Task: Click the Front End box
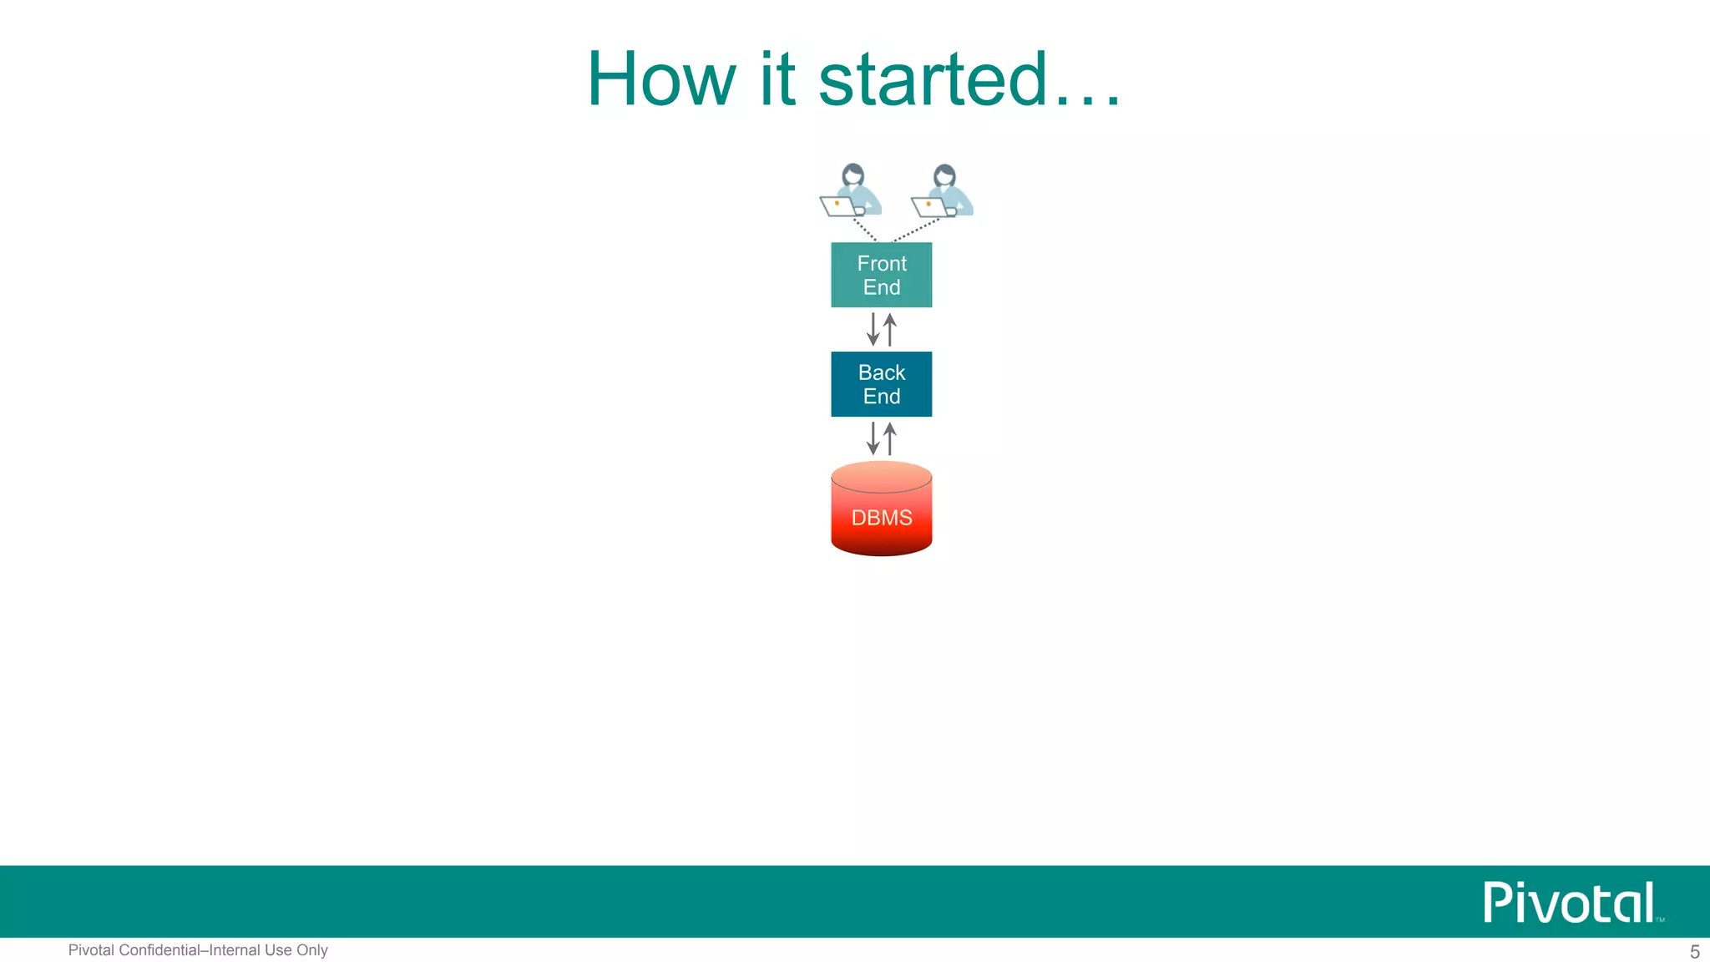[x=881, y=275]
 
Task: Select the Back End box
[x=881, y=384]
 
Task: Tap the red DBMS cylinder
[x=881, y=509]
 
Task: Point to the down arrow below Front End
[x=873, y=329]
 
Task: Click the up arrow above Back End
[x=890, y=329]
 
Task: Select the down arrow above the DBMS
[x=873, y=438]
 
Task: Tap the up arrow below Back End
[x=890, y=438]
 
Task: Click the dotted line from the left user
[x=864, y=230]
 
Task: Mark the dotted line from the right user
[x=916, y=230]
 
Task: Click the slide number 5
[x=1694, y=951]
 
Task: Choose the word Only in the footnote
[x=312, y=950]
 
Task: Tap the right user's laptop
[x=928, y=206]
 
